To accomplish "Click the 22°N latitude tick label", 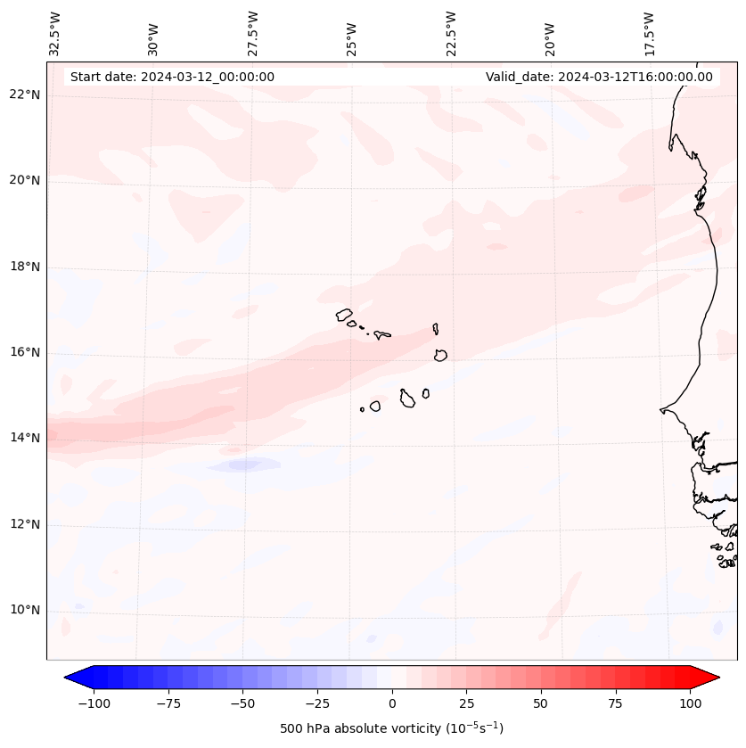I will pyautogui.click(x=24, y=95).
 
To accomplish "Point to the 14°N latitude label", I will pyautogui.click(x=24, y=438).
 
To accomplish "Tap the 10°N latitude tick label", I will pyautogui.click(x=24, y=611).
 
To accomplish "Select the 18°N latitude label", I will pyautogui.click(x=24, y=267).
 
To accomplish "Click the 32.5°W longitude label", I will pyautogui.click(x=55, y=33).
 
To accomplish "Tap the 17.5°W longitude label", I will pyautogui.click(x=649, y=33).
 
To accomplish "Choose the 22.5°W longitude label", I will pyautogui.click(x=451, y=33).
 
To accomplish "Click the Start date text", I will pyautogui.click(x=172, y=77).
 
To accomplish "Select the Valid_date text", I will pyautogui.click(x=599, y=77).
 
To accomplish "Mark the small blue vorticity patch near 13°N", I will pyautogui.click(x=244, y=464).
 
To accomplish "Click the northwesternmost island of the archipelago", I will pyautogui.click(x=344, y=314).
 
